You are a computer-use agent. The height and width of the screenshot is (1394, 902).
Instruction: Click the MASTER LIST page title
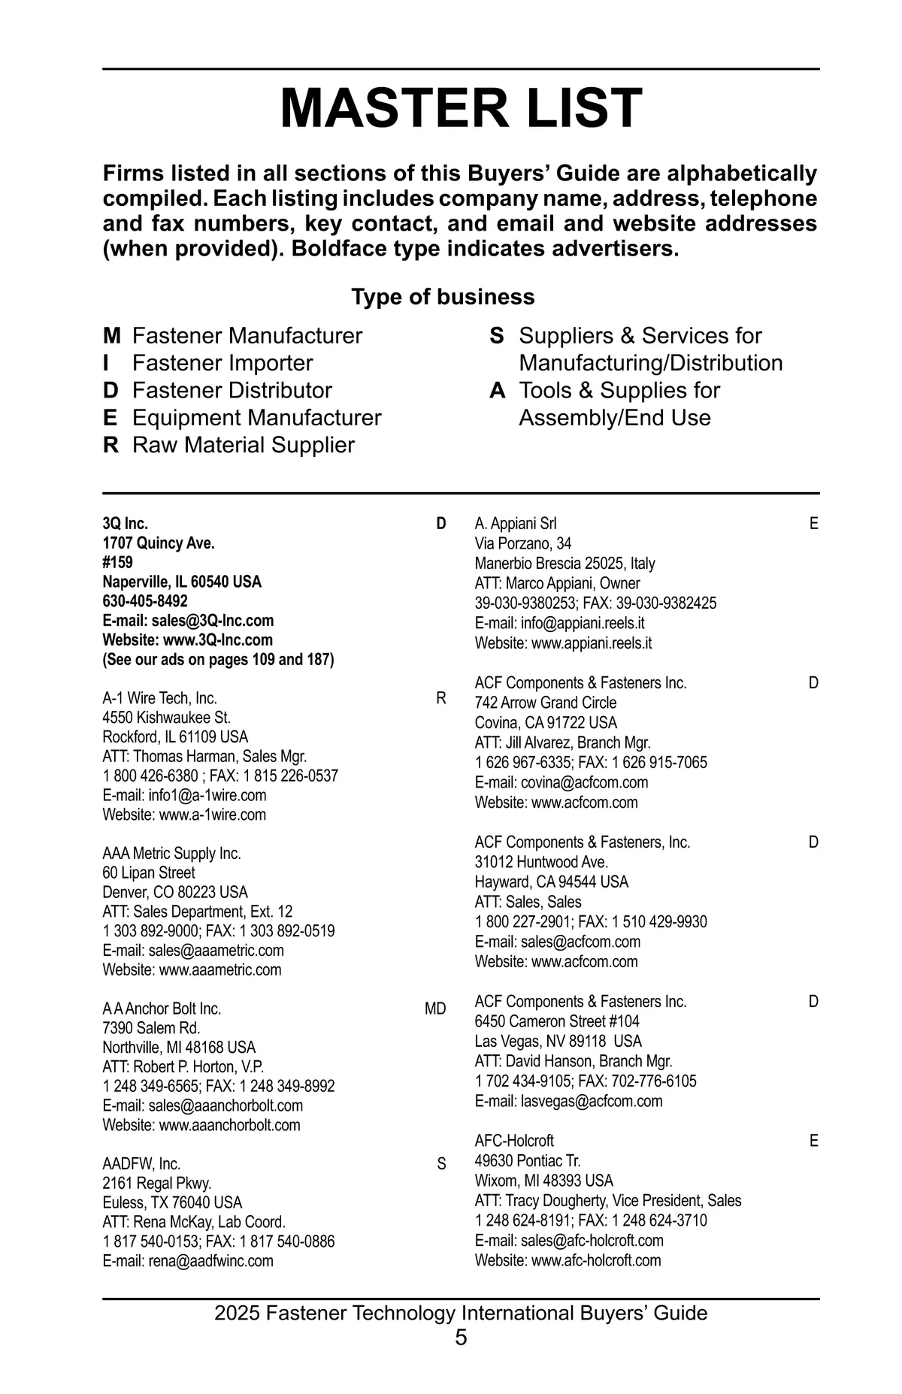click(461, 109)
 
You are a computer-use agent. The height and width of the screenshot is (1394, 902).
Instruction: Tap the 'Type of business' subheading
click(443, 297)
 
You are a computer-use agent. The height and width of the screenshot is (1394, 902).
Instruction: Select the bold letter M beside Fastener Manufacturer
click(111, 336)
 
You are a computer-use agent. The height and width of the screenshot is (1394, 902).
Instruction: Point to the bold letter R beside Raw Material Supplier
click(110, 445)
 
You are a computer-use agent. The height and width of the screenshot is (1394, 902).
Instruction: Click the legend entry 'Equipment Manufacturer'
click(256, 418)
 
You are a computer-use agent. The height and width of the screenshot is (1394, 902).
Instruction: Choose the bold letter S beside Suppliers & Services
click(496, 336)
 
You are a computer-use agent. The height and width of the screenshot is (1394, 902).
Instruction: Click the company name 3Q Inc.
click(126, 524)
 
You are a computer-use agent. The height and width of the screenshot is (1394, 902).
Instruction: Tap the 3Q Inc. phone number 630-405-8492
click(145, 601)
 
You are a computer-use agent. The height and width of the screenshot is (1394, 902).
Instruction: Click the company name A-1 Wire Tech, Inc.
click(160, 699)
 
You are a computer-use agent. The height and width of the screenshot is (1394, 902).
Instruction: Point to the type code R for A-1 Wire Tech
click(441, 699)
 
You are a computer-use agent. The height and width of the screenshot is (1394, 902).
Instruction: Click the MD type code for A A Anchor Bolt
click(435, 1009)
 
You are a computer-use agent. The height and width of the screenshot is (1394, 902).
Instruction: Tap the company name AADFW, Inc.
click(141, 1164)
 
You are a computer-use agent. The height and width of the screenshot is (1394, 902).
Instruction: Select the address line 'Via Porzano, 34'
click(523, 543)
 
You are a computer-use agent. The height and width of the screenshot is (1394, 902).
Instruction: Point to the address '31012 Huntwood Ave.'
click(541, 862)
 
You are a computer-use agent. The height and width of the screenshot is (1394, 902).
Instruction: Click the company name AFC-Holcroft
click(514, 1141)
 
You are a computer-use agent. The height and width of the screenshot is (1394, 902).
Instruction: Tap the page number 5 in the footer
click(461, 1338)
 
